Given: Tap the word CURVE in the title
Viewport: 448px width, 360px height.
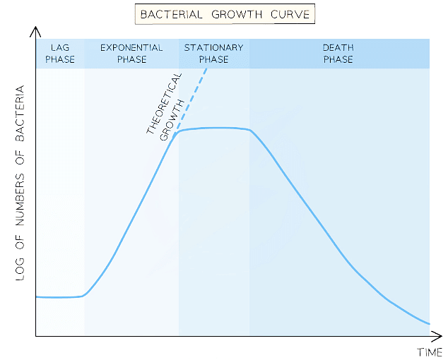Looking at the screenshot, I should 288,13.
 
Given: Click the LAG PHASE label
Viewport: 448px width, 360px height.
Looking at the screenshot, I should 59,53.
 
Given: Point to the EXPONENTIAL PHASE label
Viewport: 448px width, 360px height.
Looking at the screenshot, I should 131,53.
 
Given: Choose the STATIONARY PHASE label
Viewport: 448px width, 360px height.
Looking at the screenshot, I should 213,53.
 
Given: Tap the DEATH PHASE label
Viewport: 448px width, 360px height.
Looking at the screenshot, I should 338,53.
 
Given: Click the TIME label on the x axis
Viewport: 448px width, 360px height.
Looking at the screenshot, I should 430,351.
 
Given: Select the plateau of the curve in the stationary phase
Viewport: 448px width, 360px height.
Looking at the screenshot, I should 216,128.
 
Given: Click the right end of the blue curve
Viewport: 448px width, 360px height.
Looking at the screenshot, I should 429,323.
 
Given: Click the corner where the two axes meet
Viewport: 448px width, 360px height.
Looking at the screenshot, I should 35,337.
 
